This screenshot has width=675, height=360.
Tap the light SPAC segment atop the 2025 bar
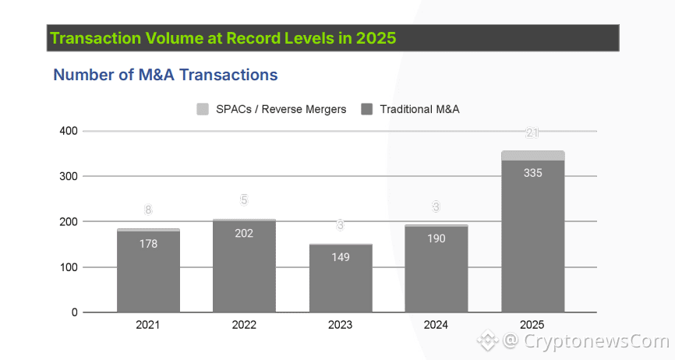pyautogui.click(x=532, y=156)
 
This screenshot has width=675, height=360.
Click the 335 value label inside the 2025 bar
pyautogui.click(x=532, y=173)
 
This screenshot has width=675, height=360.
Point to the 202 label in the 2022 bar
pyautogui.click(x=244, y=233)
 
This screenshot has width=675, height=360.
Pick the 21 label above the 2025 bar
pyautogui.click(x=532, y=133)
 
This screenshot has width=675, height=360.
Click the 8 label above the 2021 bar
pyautogui.click(x=148, y=210)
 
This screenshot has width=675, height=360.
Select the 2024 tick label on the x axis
pyautogui.click(x=436, y=325)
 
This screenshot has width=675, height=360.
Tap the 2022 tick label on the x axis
pyautogui.click(x=244, y=325)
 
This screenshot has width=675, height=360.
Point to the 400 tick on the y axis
pyautogui.click(x=69, y=131)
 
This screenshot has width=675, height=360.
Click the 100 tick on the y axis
pyautogui.click(x=69, y=267)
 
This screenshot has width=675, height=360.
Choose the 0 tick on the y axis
pyautogui.click(x=75, y=312)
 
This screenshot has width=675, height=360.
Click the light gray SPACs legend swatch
pyautogui.click(x=203, y=109)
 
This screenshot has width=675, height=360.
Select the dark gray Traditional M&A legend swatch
pyautogui.click(x=367, y=109)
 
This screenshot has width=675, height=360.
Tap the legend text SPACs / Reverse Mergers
pyautogui.click(x=281, y=109)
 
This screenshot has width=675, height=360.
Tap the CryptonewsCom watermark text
pyautogui.click(x=596, y=341)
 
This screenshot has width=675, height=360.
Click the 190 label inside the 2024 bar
pyautogui.click(x=436, y=238)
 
